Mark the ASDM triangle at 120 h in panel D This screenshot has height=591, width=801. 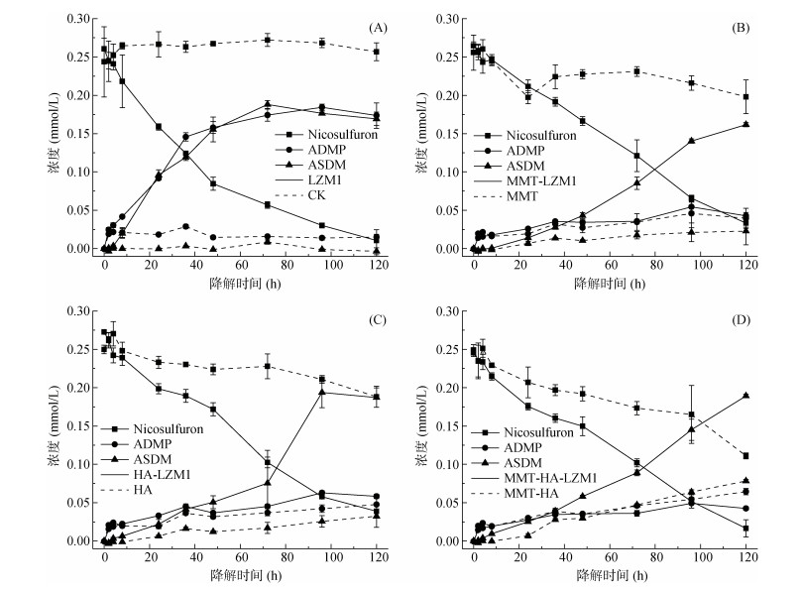(744, 396)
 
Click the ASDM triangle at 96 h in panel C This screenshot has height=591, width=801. (321, 392)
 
